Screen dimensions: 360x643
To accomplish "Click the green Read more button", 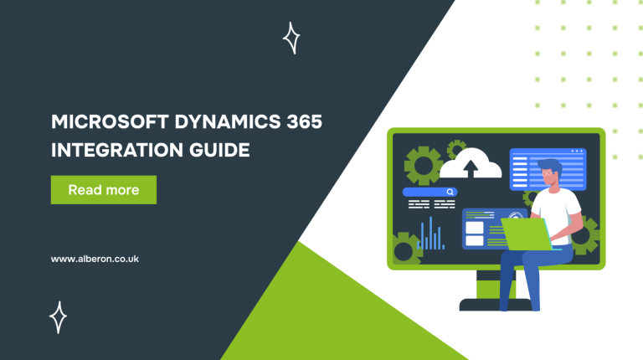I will (x=104, y=190).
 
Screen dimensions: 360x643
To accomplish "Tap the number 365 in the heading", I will (x=303, y=122).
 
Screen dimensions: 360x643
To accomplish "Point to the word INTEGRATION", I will (x=111, y=151).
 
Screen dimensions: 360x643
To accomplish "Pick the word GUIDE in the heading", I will (x=220, y=151).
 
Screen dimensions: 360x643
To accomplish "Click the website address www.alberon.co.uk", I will (x=95, y=259).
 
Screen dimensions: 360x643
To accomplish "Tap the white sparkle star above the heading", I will (x=291, y=39).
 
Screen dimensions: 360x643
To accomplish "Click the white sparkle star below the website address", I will (x=58, y=316).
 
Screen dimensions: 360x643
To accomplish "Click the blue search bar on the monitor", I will (x=430, y=192).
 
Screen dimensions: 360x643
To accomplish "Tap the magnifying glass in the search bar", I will (x=450, y=192).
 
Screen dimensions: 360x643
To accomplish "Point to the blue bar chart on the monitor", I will (x=430, y=234).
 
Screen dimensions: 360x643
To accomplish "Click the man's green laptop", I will (x=525, y=234).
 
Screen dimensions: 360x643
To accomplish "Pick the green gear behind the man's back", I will (x=584, y=235).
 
